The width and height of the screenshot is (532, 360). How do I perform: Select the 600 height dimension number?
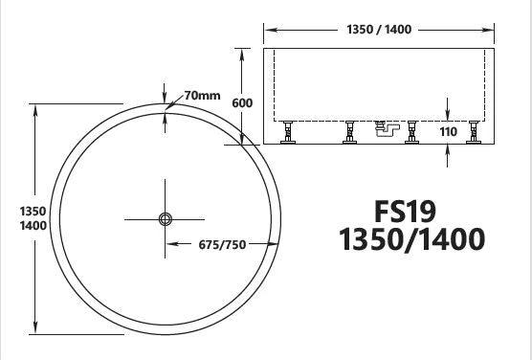[242, 102]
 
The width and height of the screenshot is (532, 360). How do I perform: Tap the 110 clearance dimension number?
[449, 132]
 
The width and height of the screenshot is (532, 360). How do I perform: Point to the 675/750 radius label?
[221, 244]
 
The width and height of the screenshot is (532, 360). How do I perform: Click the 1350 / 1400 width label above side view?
[380, 30]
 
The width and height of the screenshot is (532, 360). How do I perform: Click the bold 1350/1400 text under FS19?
[411, 238]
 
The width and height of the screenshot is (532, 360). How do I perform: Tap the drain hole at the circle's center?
[165, 219]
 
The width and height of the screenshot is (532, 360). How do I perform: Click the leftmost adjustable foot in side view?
[287, 135]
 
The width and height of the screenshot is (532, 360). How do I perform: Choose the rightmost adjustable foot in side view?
[472, 135]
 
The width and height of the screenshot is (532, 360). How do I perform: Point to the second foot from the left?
[350, 135]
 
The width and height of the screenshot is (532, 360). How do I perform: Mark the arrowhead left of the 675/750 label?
[172, 244]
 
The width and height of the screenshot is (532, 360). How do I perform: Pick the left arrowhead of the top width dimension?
[268, 30]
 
